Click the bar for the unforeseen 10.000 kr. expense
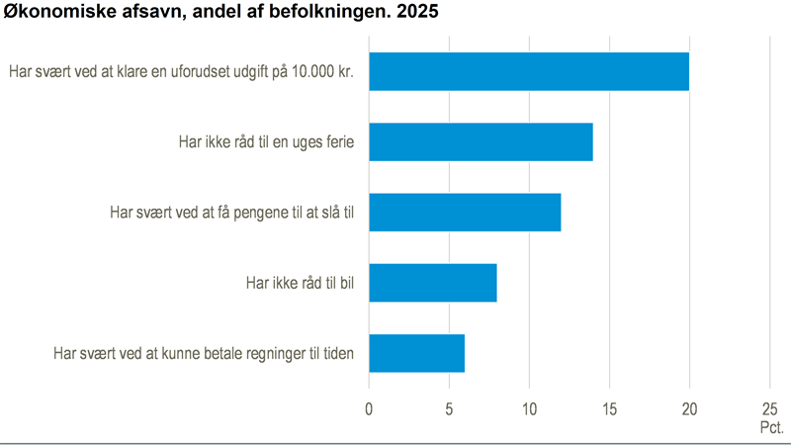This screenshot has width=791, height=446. coord(529,71)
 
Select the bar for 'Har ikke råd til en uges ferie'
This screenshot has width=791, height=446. coord(481,142)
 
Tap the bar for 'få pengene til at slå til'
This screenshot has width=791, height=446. coord(465,213)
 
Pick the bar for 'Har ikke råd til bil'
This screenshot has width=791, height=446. coord(433,283)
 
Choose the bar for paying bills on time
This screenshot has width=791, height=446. coord(416,353)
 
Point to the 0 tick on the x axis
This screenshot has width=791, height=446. coord(369,408)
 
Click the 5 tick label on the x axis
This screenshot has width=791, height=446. coord(449,408)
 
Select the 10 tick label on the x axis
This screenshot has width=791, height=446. coord(529,408)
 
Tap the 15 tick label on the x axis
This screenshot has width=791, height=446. coord(609,408)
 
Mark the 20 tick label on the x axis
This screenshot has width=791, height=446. coord(689,408)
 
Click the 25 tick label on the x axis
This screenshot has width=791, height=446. coord(769,408)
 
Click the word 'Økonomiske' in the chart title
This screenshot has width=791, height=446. coord(49,14)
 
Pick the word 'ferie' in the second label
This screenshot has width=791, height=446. coord(336,142)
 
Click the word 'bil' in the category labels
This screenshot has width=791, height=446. coord(345,284)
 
